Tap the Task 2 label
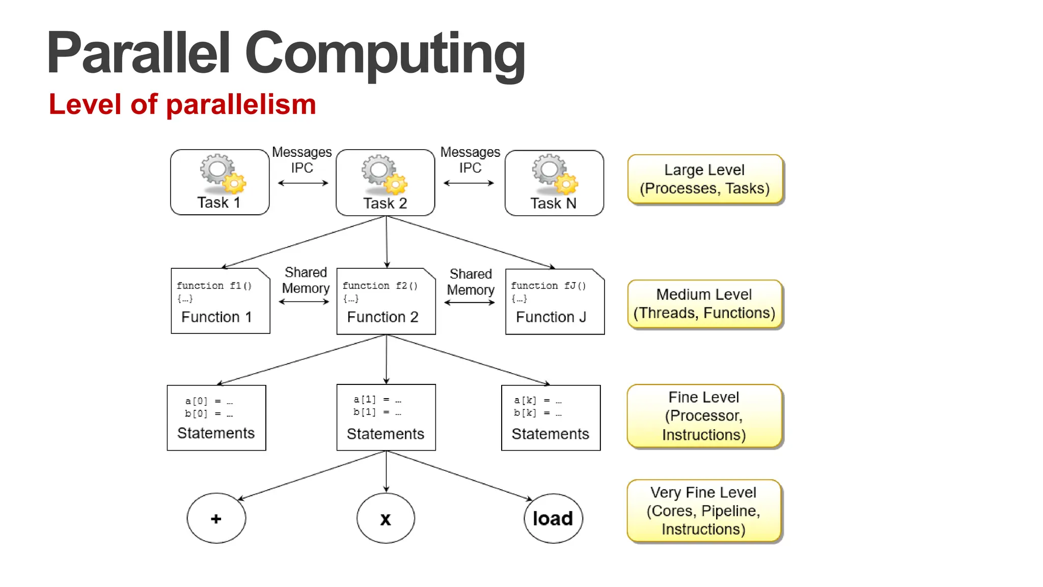click(x=385, y=203)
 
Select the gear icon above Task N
click(x=554, y=175)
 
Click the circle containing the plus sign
click(x=216, y=518)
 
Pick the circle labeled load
click(x=553, y=518)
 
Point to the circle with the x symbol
click(x=386, y=518)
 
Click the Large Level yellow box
click(x=705, y=179)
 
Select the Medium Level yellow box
click(x=704, y=304)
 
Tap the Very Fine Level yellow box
click(x=703, y=511)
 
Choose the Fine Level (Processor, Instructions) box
click(x=704, y=416)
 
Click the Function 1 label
click(x=216, y=317)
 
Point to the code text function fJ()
click(x=548, y=286)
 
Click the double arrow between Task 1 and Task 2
click(x=303, y=183)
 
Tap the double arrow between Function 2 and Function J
click(x=470, y=302)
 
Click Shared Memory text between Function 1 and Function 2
click(x=306, y=281)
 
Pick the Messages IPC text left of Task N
click(x=470, y=160)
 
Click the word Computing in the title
click(x=385, y=53)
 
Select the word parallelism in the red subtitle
click(x=241, y=105)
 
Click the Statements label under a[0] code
click(x=216, y=433)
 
